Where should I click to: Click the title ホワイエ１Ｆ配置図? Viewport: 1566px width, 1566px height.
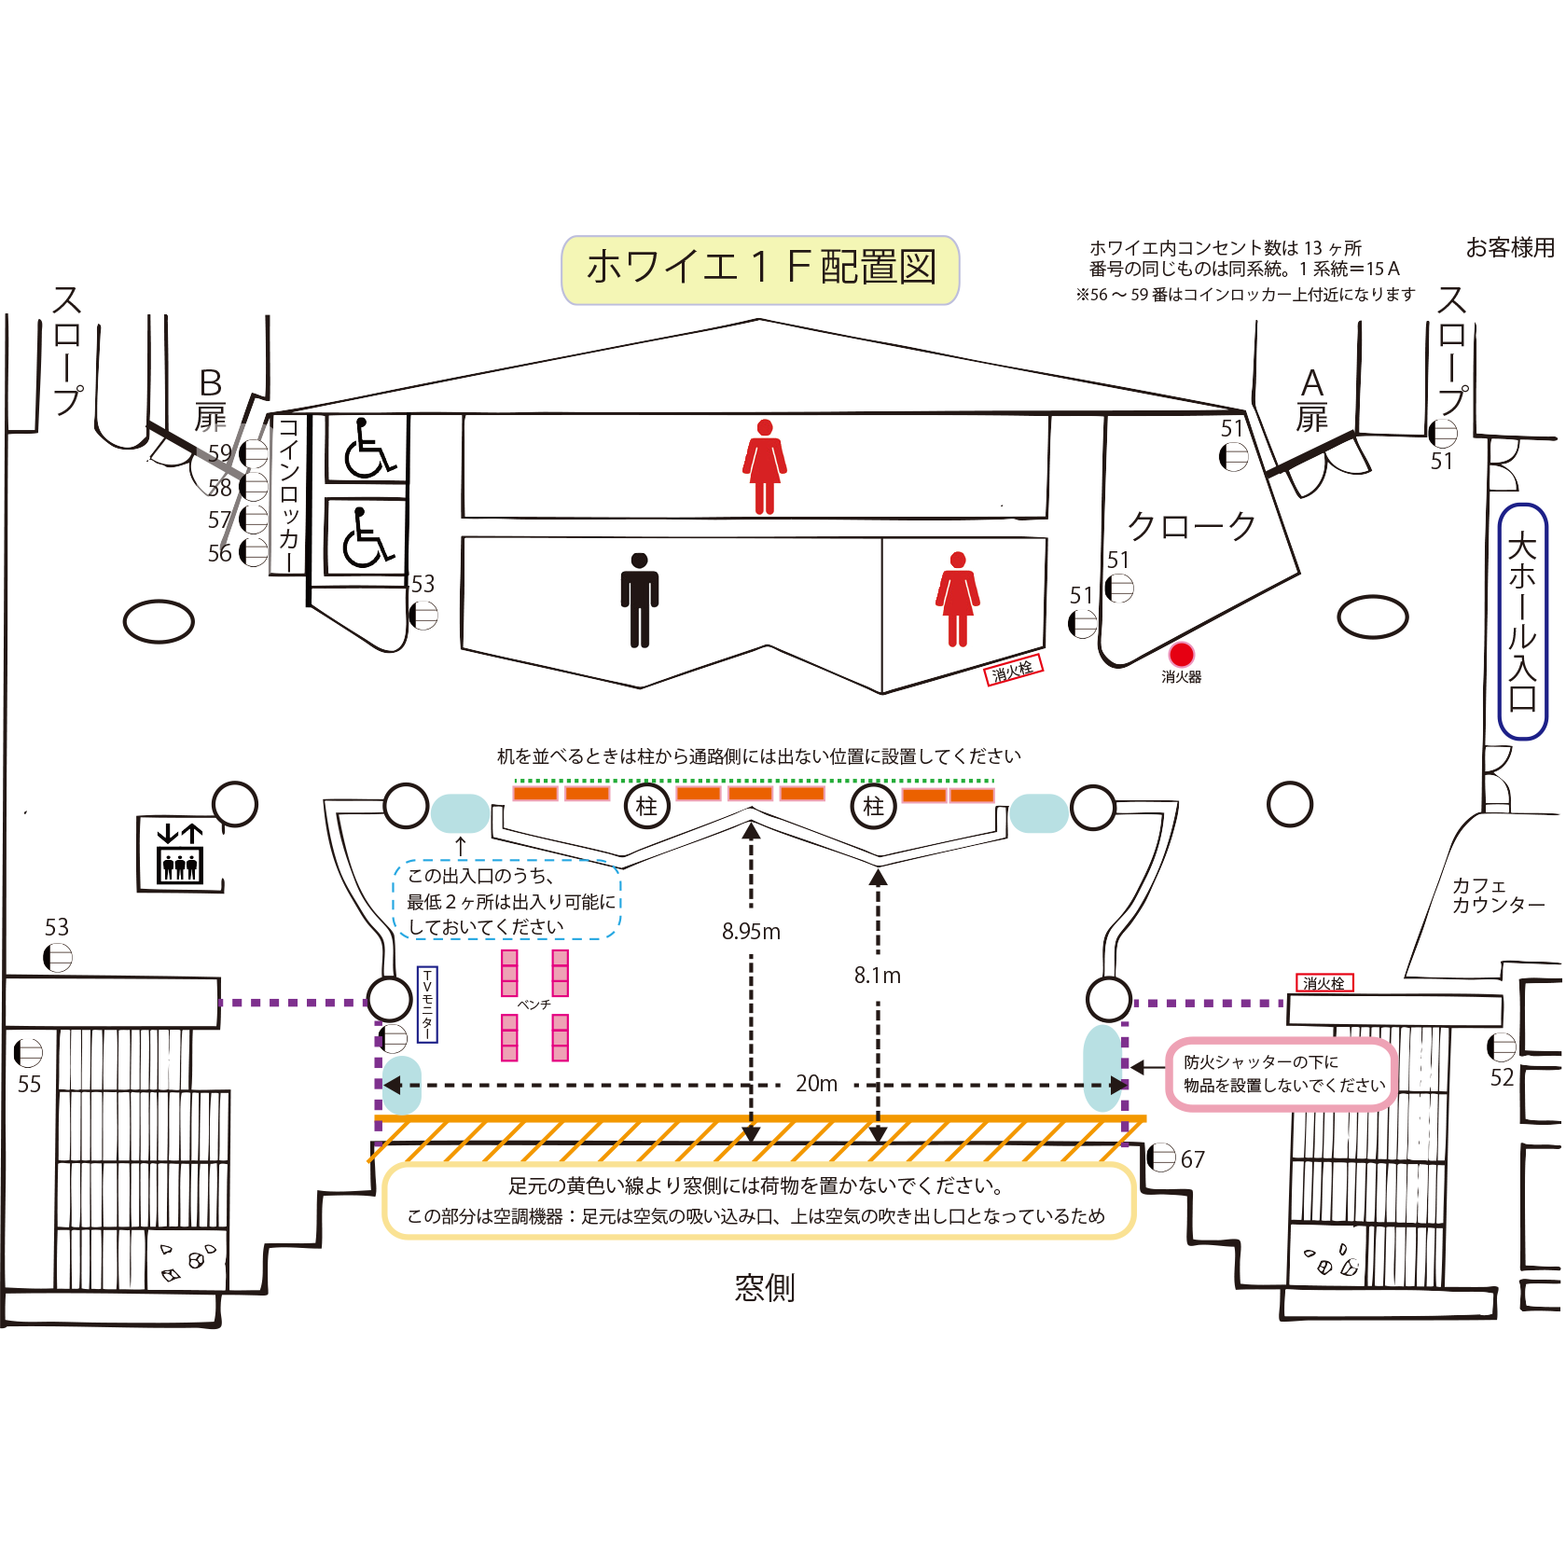[x=760, y=270]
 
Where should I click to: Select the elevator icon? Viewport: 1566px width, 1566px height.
[x=180, y=854]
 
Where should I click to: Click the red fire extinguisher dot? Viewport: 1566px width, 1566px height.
[x=1181, y=654]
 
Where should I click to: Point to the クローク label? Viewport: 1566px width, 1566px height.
[x=1192, y=527]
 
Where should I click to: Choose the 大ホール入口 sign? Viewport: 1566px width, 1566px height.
[x=1521, y=621]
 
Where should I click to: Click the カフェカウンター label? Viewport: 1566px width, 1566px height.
[x=1497, y=895]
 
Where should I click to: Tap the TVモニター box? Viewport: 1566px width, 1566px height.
[x=427, y=1005]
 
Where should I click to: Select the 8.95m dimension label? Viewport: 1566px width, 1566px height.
[x=751, y=932]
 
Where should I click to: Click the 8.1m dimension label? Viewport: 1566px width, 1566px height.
[x=877, y=976]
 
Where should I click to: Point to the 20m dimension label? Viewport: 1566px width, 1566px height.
[x=816, y=1084]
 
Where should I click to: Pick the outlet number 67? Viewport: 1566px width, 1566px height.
[x=1192, y=1159]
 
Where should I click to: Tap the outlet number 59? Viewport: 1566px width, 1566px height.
[x=220, y=453]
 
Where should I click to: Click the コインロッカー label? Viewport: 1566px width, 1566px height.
[x=288, y=495]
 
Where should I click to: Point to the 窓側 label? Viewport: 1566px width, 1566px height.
[x=764, y=1288]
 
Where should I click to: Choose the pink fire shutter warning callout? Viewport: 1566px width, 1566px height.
[x=1282, y=1074]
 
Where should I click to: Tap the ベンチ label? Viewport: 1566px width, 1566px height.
[x=534, y=1005]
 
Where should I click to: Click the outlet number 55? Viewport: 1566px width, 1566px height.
[x=29, y=1084]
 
